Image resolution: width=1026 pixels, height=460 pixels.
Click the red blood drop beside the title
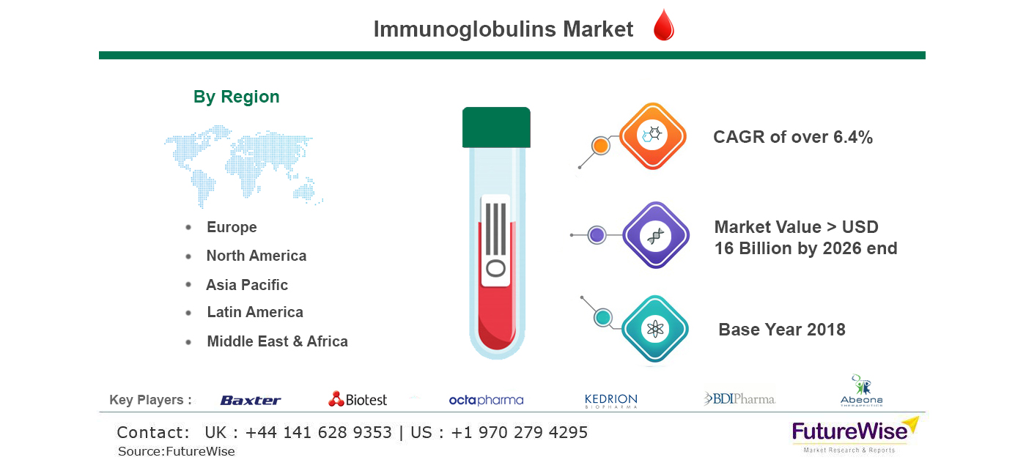coord(664,26)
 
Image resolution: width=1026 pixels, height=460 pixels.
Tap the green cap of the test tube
coord(496,127)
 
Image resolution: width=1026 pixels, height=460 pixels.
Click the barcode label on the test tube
coord(495,240)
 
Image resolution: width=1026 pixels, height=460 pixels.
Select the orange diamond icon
coord(653,136)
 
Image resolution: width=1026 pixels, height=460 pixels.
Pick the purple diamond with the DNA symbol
coord(655,235)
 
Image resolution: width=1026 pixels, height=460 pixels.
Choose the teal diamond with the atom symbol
coord(655,329)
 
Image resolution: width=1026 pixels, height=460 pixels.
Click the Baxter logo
coord(251,401)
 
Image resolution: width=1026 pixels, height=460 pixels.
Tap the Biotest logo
coord(358,399)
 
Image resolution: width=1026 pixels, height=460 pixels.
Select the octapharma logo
coord(486,401)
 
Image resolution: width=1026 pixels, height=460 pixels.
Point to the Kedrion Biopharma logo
coord(611,401)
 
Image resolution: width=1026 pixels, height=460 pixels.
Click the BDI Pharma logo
coord(739,399)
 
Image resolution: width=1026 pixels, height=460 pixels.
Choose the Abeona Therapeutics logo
coord(862,390)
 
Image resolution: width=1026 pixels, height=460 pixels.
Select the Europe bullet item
coord(232,227)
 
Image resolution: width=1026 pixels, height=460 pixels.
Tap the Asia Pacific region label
coord(247,285)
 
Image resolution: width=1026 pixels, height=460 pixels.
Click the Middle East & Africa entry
coord(278,341)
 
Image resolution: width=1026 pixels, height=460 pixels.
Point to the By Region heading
coord(236,97)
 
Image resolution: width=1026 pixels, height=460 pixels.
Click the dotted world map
coord(243,166)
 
